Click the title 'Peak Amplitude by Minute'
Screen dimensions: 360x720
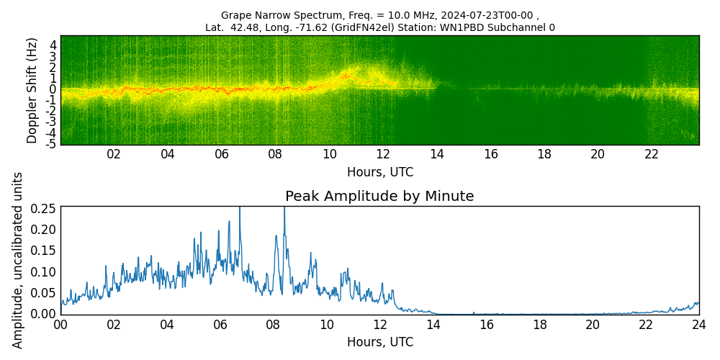pyautogui.click(x=379, y=196)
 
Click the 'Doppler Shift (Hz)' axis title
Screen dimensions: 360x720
pyautogui.click(x=32, y=90)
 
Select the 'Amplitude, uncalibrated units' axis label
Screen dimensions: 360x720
pyautogui.click(x=18, y=260)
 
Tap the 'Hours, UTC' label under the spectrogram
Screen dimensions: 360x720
pyautogui.click(x=379, y=172)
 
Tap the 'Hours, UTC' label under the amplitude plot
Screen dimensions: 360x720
pyautogui.click(x=379, y=342)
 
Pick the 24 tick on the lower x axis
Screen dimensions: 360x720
pyautogui.click(x=698, y=325)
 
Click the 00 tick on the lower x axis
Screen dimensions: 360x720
pyautogui.click(x=60, y=325)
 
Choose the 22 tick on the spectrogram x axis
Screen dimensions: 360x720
pyautogui.click(x=652, y=154)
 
